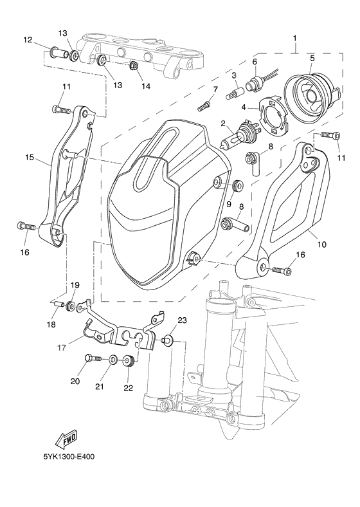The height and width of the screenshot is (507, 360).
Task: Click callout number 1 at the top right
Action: coord(294,38)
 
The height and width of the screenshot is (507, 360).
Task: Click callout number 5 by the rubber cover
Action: coord(312,58)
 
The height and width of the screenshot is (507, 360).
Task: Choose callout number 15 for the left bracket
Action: coord(30,156)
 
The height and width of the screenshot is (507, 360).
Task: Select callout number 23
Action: coord(182,320)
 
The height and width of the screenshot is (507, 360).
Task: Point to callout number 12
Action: coord(28,40)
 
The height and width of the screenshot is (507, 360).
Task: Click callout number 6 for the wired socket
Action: coord(254,62)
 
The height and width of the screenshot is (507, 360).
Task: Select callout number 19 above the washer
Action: coord(75,284)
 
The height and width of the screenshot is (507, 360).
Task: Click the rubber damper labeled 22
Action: coord(128,360)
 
